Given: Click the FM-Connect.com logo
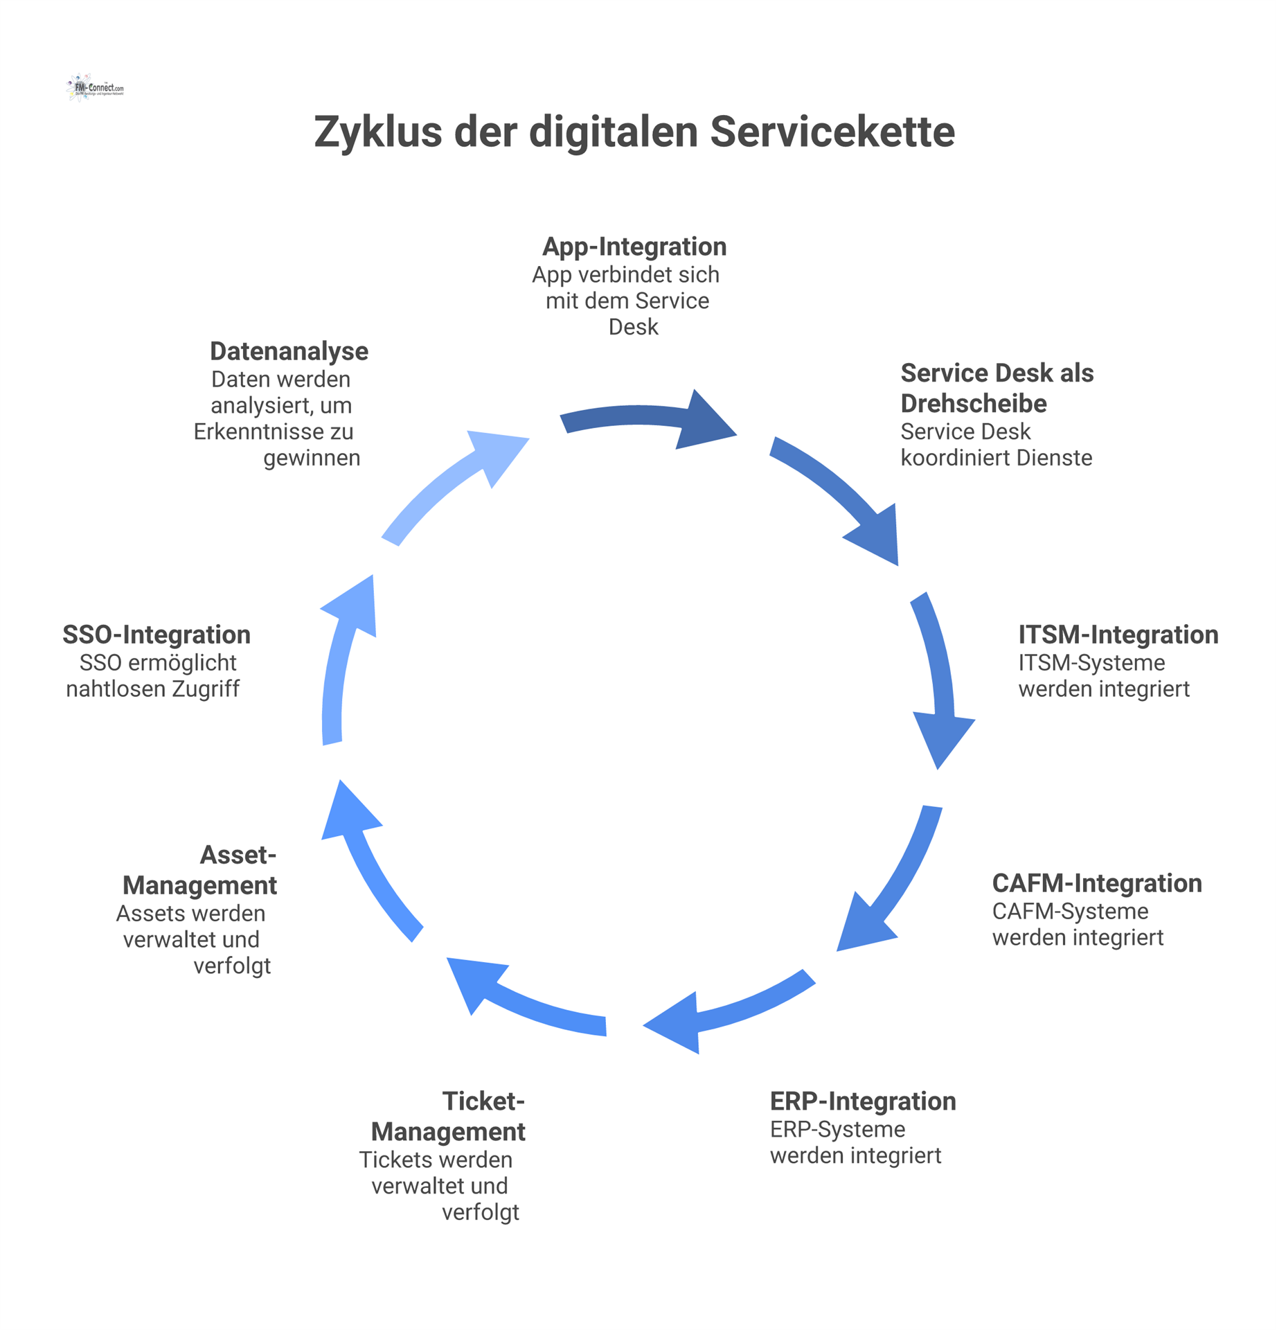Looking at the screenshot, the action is tap(95, 88).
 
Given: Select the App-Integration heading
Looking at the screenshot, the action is tap(634, 247).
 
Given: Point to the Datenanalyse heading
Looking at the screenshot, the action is tap(289, 351).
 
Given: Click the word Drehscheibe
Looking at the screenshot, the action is tap(974, 403).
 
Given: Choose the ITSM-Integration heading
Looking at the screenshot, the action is tap(1118, 635).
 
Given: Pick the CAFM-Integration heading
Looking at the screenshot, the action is tap(1097, 883).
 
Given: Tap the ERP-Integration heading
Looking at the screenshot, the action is tap(863, 1101).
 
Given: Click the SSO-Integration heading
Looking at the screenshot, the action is tap(157, 635).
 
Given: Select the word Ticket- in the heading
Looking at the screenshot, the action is tap(483, 1101).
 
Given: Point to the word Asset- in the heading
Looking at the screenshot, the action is tap(238, 855).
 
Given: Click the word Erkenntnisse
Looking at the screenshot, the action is tap(274, 432).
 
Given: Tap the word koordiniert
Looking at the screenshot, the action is tap(945, 458).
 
